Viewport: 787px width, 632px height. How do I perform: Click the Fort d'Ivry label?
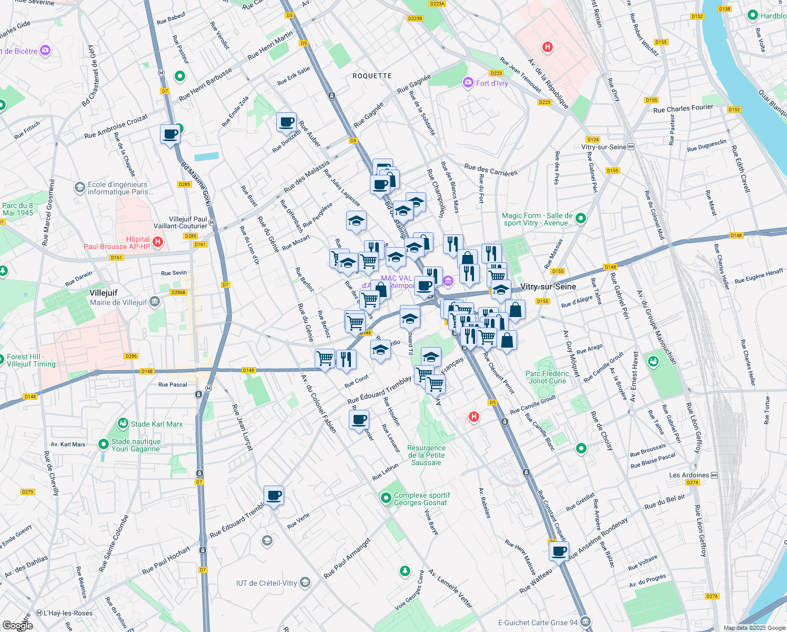[491, 83]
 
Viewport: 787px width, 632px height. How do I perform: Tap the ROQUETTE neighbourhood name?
[372, 76]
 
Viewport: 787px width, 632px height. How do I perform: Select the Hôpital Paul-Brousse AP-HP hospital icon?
[157, 242]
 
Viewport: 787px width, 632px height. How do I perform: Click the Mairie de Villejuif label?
[118, 302]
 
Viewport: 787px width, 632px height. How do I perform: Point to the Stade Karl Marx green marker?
[123, 423]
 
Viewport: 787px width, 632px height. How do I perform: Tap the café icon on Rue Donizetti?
[286, 122]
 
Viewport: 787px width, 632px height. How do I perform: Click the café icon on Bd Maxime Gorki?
[170, 134]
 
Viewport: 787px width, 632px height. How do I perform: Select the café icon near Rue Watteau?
[559, 551]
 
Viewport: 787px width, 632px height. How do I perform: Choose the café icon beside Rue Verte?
[274, 495]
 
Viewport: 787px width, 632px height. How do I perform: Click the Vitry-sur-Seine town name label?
[548, 287]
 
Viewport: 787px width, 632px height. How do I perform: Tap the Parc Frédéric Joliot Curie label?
[547, 377]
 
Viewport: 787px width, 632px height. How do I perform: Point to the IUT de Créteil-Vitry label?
[266, 583]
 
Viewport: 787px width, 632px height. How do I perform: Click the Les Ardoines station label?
[689, 475]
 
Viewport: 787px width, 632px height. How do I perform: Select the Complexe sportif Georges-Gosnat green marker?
[386, 498]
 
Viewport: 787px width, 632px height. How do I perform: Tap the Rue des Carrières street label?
[490, 170]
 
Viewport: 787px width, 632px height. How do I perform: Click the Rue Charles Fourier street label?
[683, 108]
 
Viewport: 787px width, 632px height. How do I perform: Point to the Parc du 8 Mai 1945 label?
[17, 209]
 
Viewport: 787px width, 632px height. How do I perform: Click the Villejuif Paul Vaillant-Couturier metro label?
[188, 222]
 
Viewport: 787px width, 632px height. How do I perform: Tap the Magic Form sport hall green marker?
[581, 218]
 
